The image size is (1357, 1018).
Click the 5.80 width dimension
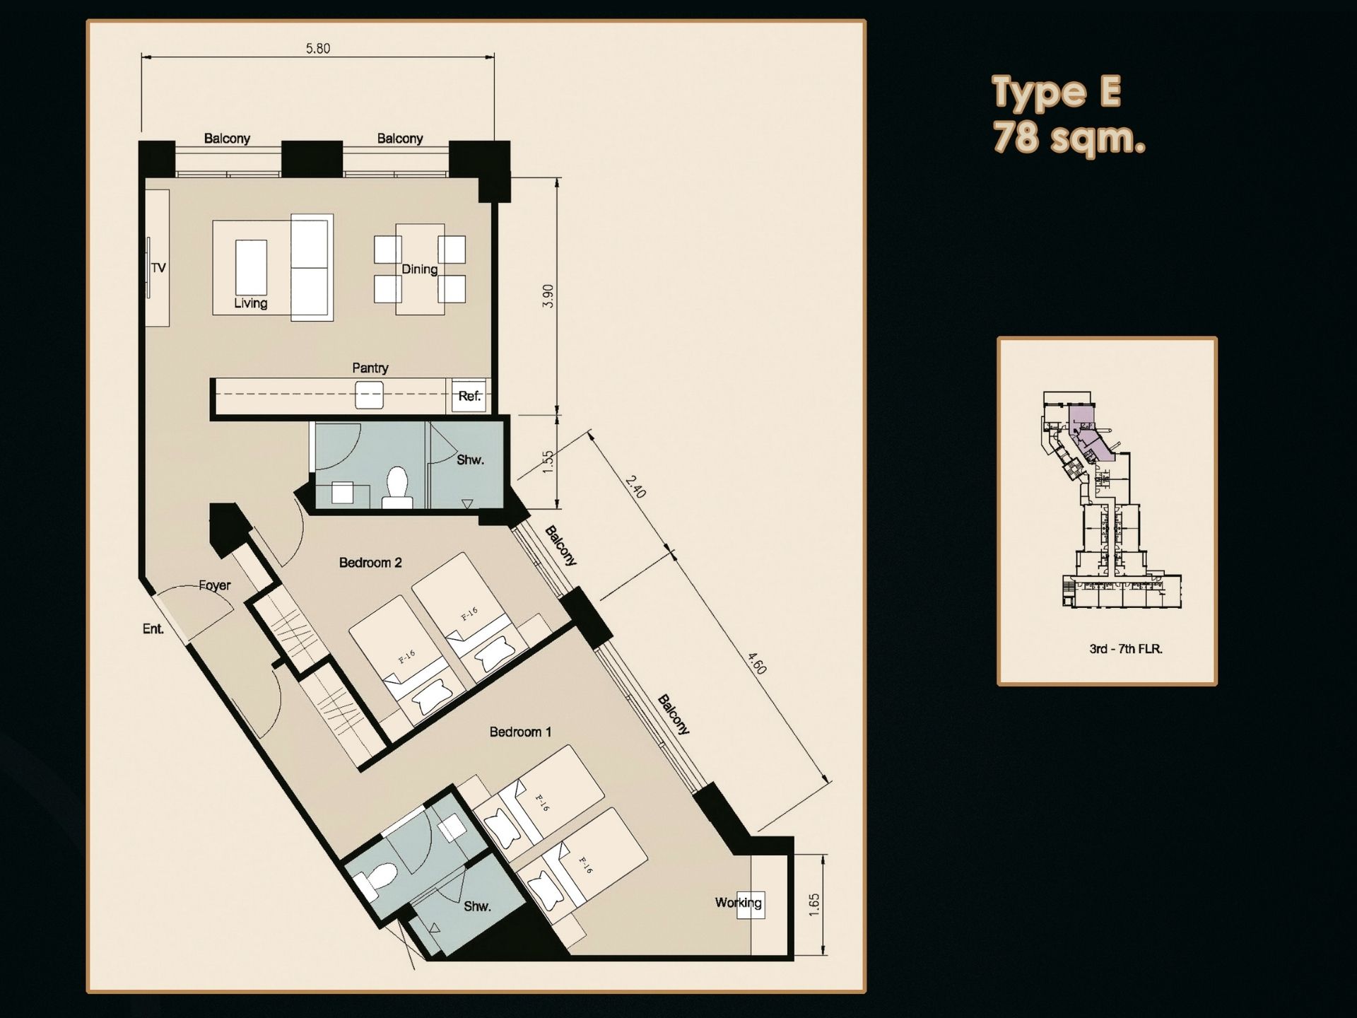click(318, 49)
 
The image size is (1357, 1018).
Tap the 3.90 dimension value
click(548, 296)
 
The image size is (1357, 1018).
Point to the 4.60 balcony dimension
click(757, 664)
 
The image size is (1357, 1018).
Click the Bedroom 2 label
click(370, 563)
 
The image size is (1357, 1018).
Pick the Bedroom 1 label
click(520, 732)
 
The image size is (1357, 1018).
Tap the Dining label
click(420, 269)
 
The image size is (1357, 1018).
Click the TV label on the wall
click(159, 268)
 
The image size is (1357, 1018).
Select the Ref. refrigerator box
click(469, 396)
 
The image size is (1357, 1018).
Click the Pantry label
click(370, 368)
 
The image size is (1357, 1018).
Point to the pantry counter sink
click(369, 394)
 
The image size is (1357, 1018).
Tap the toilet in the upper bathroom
click(397, 488)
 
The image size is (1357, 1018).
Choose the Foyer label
click(214, 585)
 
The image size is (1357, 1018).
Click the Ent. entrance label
click(153, 628)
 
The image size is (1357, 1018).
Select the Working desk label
click(739, 902)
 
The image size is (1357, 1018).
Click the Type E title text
click(1057, 93)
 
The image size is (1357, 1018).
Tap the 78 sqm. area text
click(1069, 136)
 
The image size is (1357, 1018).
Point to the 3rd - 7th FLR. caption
click(1126, 648)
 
